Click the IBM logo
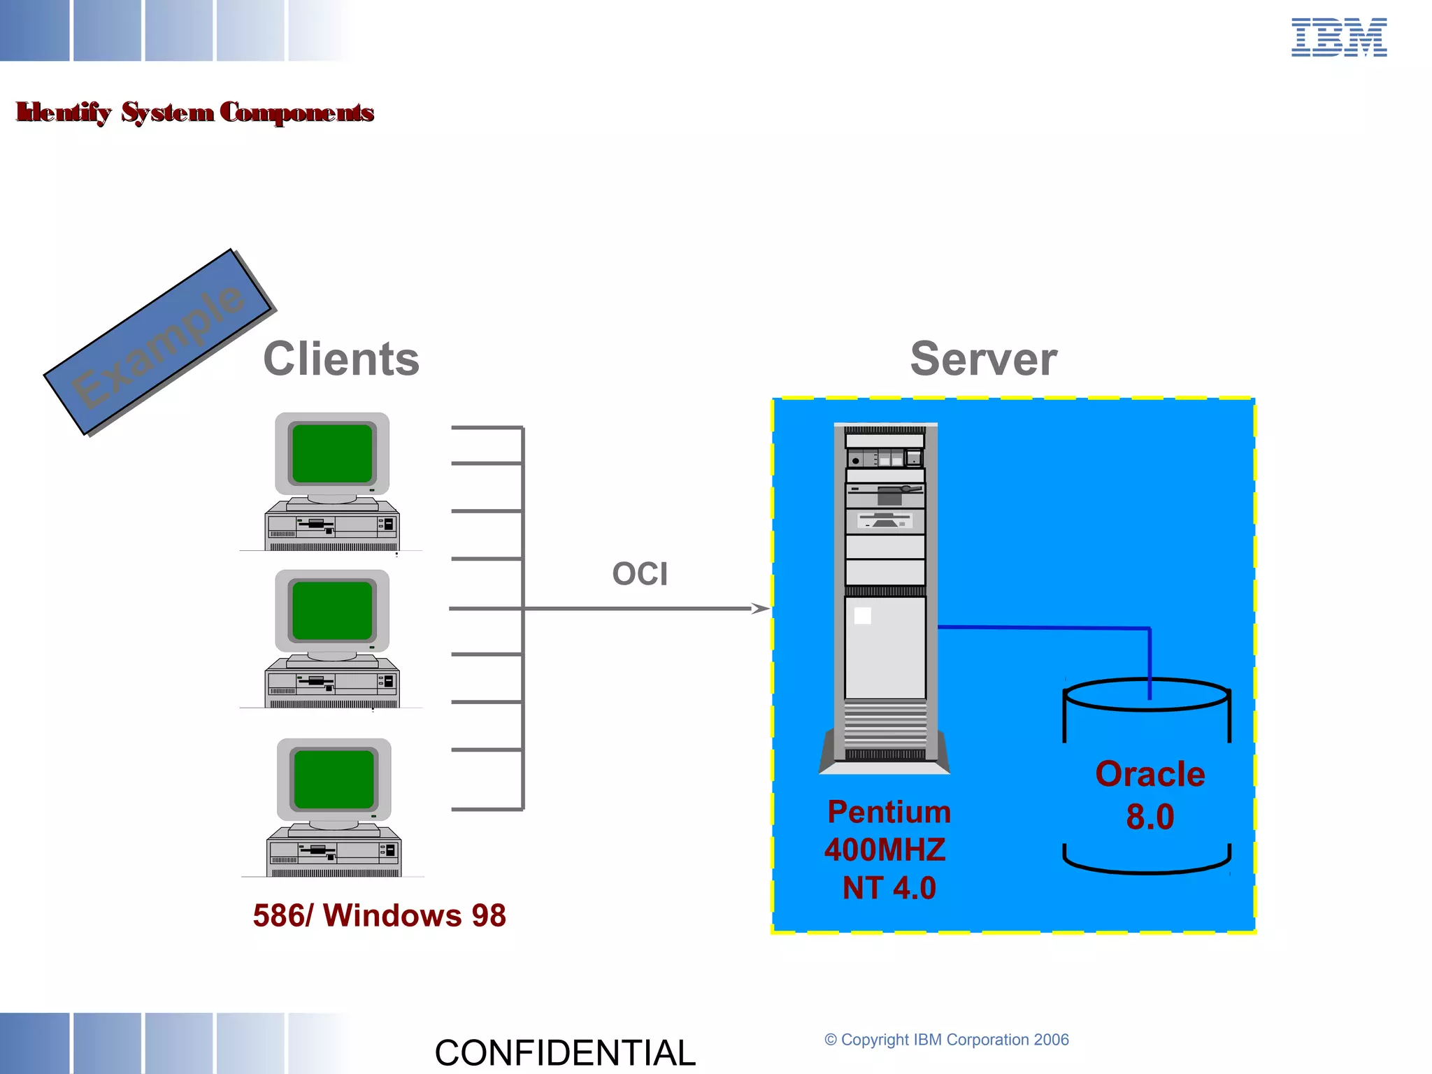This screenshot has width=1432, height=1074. coord(1338,38)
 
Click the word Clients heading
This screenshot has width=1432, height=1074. coord(341,359)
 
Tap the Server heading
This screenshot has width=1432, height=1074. coord(983,359)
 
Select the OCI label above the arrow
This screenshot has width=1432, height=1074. coord(640,574)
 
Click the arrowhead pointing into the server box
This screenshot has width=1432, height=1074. coord(761,608)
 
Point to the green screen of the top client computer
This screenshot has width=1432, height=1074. coord(332,453)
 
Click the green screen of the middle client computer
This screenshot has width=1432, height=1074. coord(332,610)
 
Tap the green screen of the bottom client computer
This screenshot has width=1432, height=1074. coord(334,780)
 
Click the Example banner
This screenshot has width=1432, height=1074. coord(158,343)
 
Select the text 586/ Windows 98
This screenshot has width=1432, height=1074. coord(379,915)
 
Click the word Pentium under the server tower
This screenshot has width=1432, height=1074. coord(889,812)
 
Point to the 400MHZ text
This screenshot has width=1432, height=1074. coord(885,850)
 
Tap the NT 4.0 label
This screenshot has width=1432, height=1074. coord(889,888)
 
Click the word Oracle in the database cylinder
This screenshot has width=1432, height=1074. coord(1150,774)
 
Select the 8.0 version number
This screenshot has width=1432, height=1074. coord(1150,817)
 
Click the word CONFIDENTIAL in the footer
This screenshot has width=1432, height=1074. coord(565,1052)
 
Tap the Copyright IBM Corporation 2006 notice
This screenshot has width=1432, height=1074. coord(947,1040)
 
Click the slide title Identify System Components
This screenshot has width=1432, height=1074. coord(195,112)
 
